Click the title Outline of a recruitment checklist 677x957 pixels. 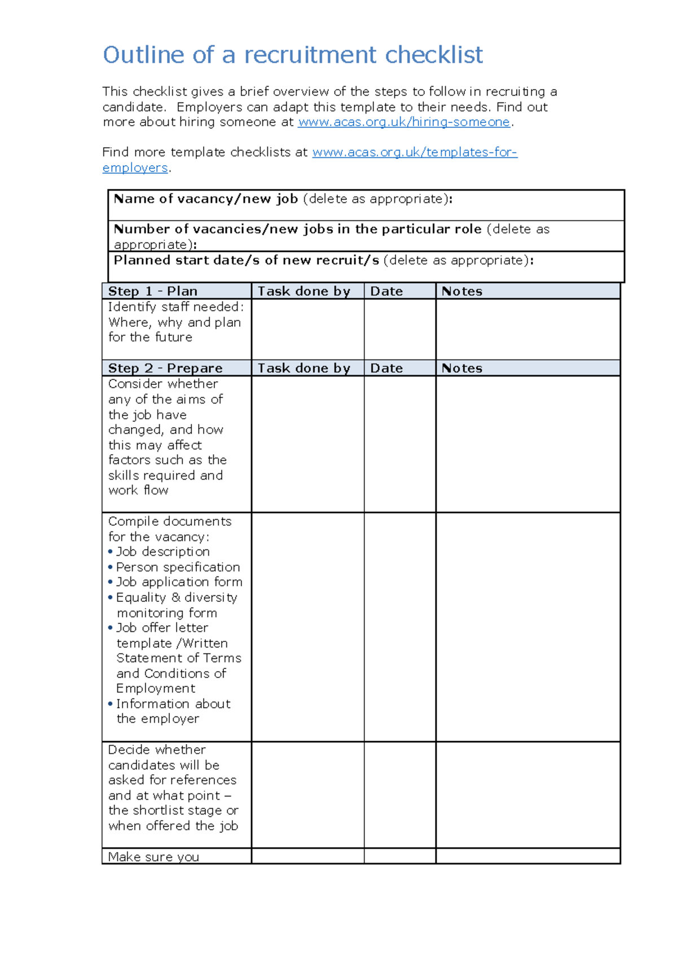pos(292,55)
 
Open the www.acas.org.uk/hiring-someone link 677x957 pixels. pos(403,122)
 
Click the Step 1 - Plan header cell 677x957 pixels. pos(153,291)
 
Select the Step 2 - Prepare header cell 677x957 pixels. pos(165,368)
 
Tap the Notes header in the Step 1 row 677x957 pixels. pos(461,291)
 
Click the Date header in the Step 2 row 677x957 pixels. pos(386,368)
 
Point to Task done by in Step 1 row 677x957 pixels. pos(304,291)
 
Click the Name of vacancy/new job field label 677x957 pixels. pos(206,199)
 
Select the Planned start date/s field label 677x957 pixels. pos(246,260)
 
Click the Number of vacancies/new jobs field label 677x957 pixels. pos(297,229)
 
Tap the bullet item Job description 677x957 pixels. pos(162,552)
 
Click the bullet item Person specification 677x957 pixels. pos(178,567)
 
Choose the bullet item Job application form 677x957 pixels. pos(179,582)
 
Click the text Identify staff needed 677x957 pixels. pos(175,307)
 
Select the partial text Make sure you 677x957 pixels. pos(153,857)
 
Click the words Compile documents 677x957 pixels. pos(170,521)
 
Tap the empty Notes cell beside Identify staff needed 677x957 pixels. pos(527,329)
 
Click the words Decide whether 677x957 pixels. pos(157,750)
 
